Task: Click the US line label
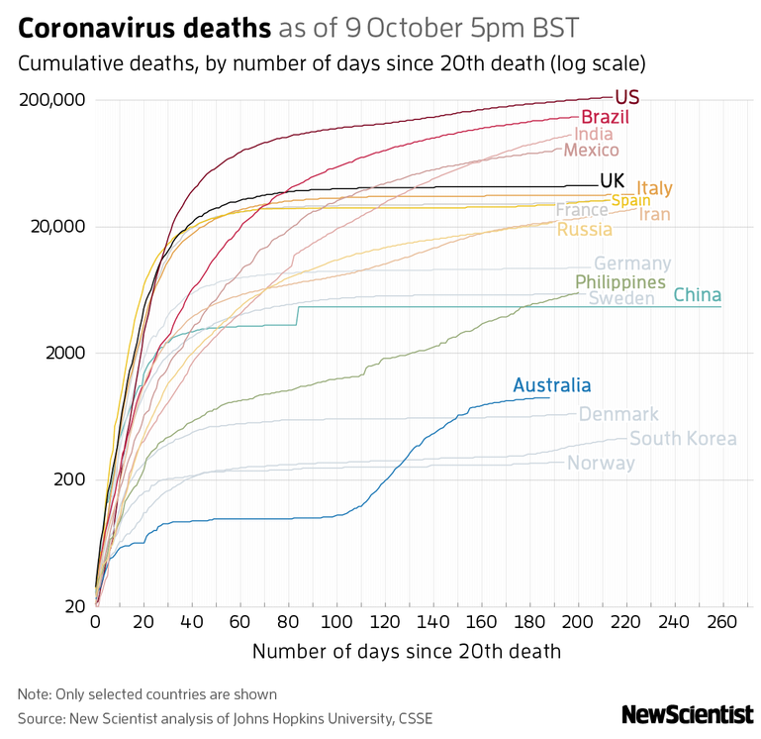pyautogui.click(x=626, y=97)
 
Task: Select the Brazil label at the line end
pyautogui.click(x=606, y=118)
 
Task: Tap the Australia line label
pyautogui.click(x=552, y=386)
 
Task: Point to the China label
pyautogui.click(x=697, y=295)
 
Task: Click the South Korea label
pyautogui.click(x=683, y=439)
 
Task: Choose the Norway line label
pyautogui.click(x=601, y=463)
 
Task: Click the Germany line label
pyautogui.click(x=632, y=264)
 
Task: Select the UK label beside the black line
pyautogui.click(x=613, y=180)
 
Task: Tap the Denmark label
pyautogui.click(x=618, y=414)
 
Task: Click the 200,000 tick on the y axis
pyautogui.click(x=52, y=100)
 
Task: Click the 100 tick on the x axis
pyautogui.click(x=336, y=622)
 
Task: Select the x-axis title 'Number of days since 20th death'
pyautogui.click(x=407, y=651)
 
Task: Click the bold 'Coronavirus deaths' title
pyautogui.click(x=144, y=28)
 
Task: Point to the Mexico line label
pyautogui.click(x=591, y=150)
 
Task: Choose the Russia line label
pyautogui.click(x=584, y=230)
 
